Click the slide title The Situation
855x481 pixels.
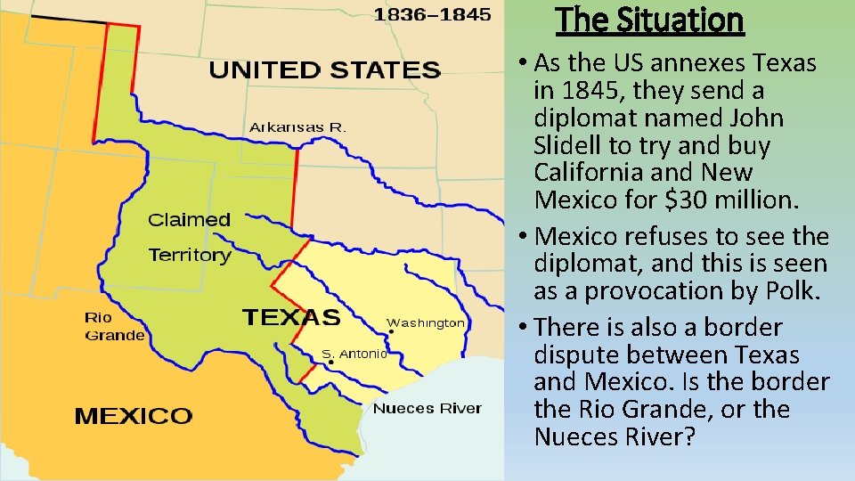[x=649, y=19]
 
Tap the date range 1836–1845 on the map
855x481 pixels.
[x=431, y=14]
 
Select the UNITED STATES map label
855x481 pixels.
[x=325, y=69]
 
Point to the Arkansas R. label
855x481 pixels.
[x=297, y=127]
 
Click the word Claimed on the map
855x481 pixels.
[x=189, y=219]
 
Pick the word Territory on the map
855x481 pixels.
[x=190, y=256]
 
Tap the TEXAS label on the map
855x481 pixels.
[x=291, y=317]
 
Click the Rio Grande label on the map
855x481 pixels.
[x=113, y=327]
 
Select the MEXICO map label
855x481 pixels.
[x=133, y=415]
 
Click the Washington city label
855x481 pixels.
[x=425, y=322]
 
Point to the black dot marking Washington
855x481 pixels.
[x=391, y=331]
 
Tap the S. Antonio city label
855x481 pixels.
[x=354, y=354]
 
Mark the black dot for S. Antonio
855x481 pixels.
[x=330, y=363]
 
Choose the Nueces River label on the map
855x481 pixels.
[x=427, y=408]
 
